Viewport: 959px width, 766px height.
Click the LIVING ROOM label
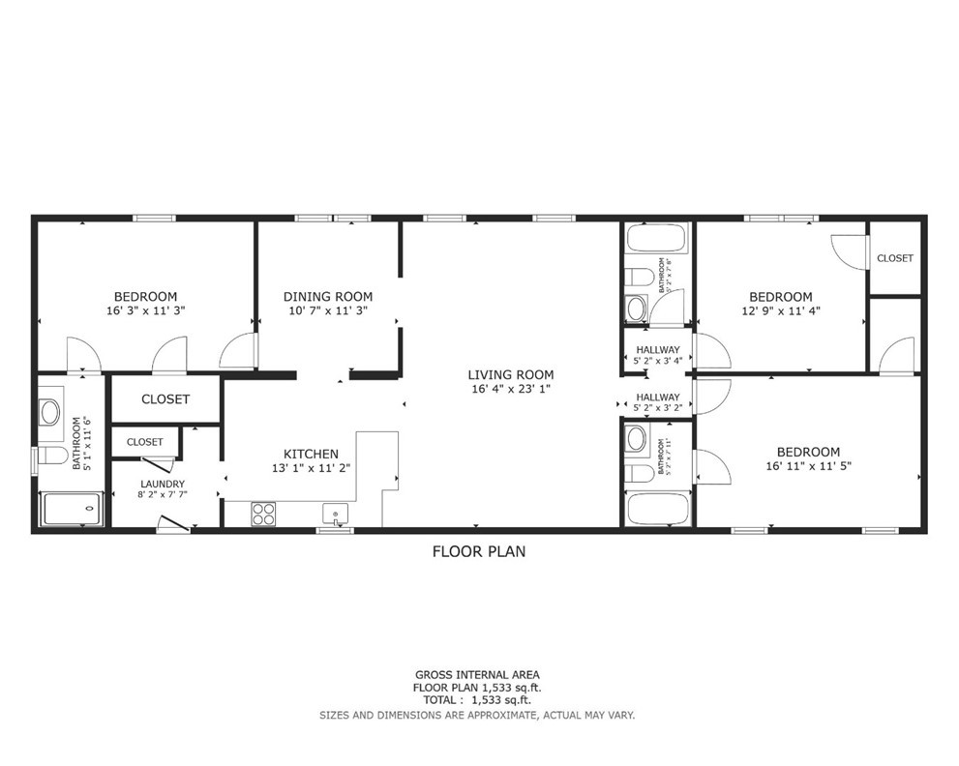510,375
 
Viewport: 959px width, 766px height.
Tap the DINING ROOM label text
328,297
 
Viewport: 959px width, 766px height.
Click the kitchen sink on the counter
336,513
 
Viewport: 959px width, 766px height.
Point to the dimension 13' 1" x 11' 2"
311,468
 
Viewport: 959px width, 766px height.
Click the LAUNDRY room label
161,485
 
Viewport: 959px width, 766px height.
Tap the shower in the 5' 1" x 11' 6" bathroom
70,509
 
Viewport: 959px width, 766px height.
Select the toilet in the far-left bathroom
51,456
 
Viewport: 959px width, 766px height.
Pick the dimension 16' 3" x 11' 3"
145,311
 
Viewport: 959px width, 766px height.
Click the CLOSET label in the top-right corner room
894,258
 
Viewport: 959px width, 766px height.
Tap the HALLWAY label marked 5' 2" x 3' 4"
657,350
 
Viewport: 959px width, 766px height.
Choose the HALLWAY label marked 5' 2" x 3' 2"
657,397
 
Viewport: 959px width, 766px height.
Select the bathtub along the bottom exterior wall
656,509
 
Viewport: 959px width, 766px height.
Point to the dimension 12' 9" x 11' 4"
780,311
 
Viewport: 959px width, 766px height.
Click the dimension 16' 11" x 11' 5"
808,466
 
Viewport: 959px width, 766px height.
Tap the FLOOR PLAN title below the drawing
478,552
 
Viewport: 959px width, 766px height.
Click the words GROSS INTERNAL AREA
477,675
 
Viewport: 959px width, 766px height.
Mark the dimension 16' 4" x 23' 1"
510,390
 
